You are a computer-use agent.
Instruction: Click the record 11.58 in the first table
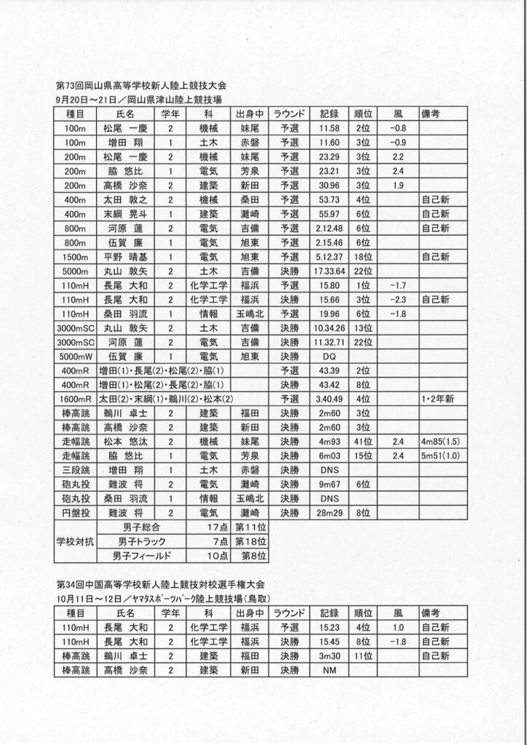pyautogui.click(x=329, y=128)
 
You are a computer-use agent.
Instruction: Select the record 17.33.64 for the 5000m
pyautogui.click(x=329, y=271)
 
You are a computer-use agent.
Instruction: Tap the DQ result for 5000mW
pyautogui.click(x=329, y=357)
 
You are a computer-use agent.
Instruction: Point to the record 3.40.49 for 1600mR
pyautogui.click(x=329, y=399)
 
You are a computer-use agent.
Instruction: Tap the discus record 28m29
pyautogui.click(x=329, y=513)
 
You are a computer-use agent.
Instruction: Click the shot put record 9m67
pyautogui.click(x=329, y=485)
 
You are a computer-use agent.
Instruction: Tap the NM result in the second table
pyautogui.click(x=329, y=670)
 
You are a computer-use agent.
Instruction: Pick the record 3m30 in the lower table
pyautogui.click(x=329, y=656)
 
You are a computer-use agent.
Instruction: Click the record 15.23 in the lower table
pyautogui.click(x=329, y=627)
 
